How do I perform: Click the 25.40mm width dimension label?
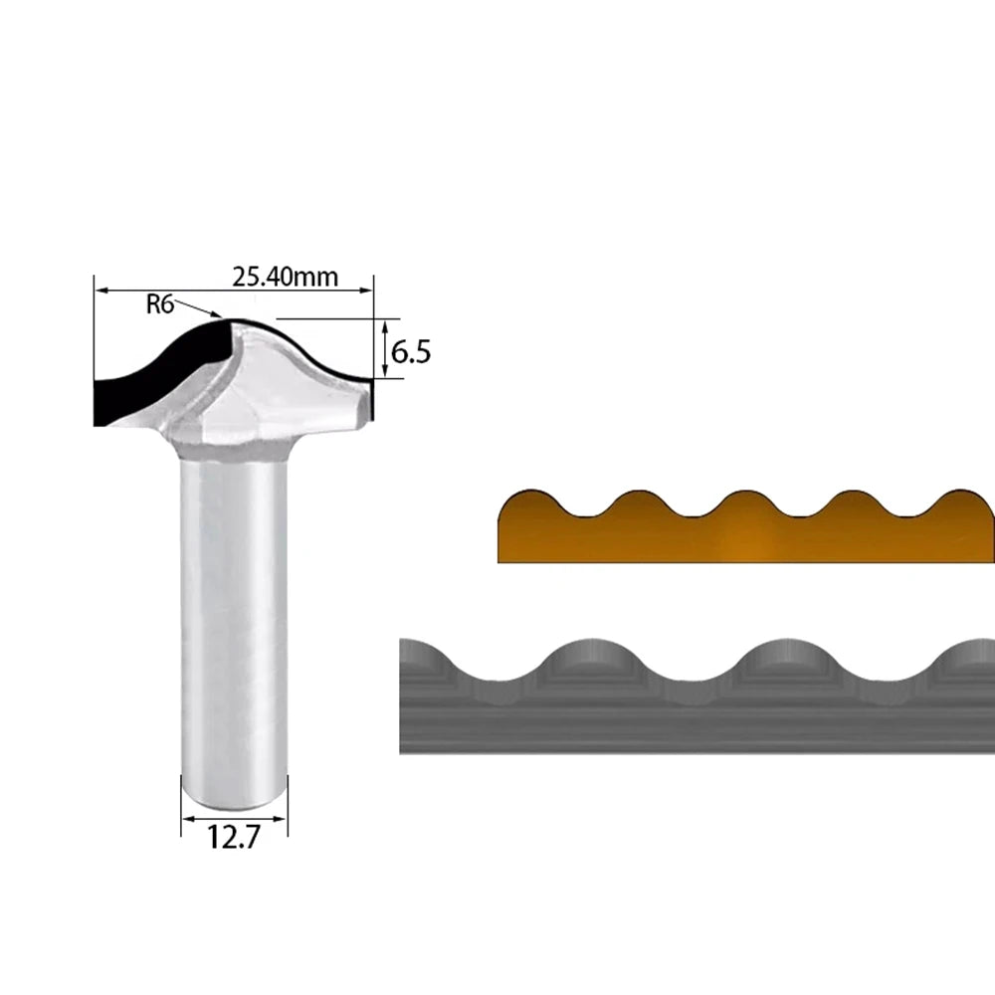pos(285,277)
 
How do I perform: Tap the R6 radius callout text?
pos(160,304)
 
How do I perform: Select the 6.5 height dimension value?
pos(411,352)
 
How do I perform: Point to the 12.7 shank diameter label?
pos(234,838)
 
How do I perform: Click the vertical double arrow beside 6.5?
pos(384,349)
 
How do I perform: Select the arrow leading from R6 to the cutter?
pos(197,309)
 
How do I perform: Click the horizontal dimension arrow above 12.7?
pos(234,819)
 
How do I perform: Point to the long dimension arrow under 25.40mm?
pos(234,290)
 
